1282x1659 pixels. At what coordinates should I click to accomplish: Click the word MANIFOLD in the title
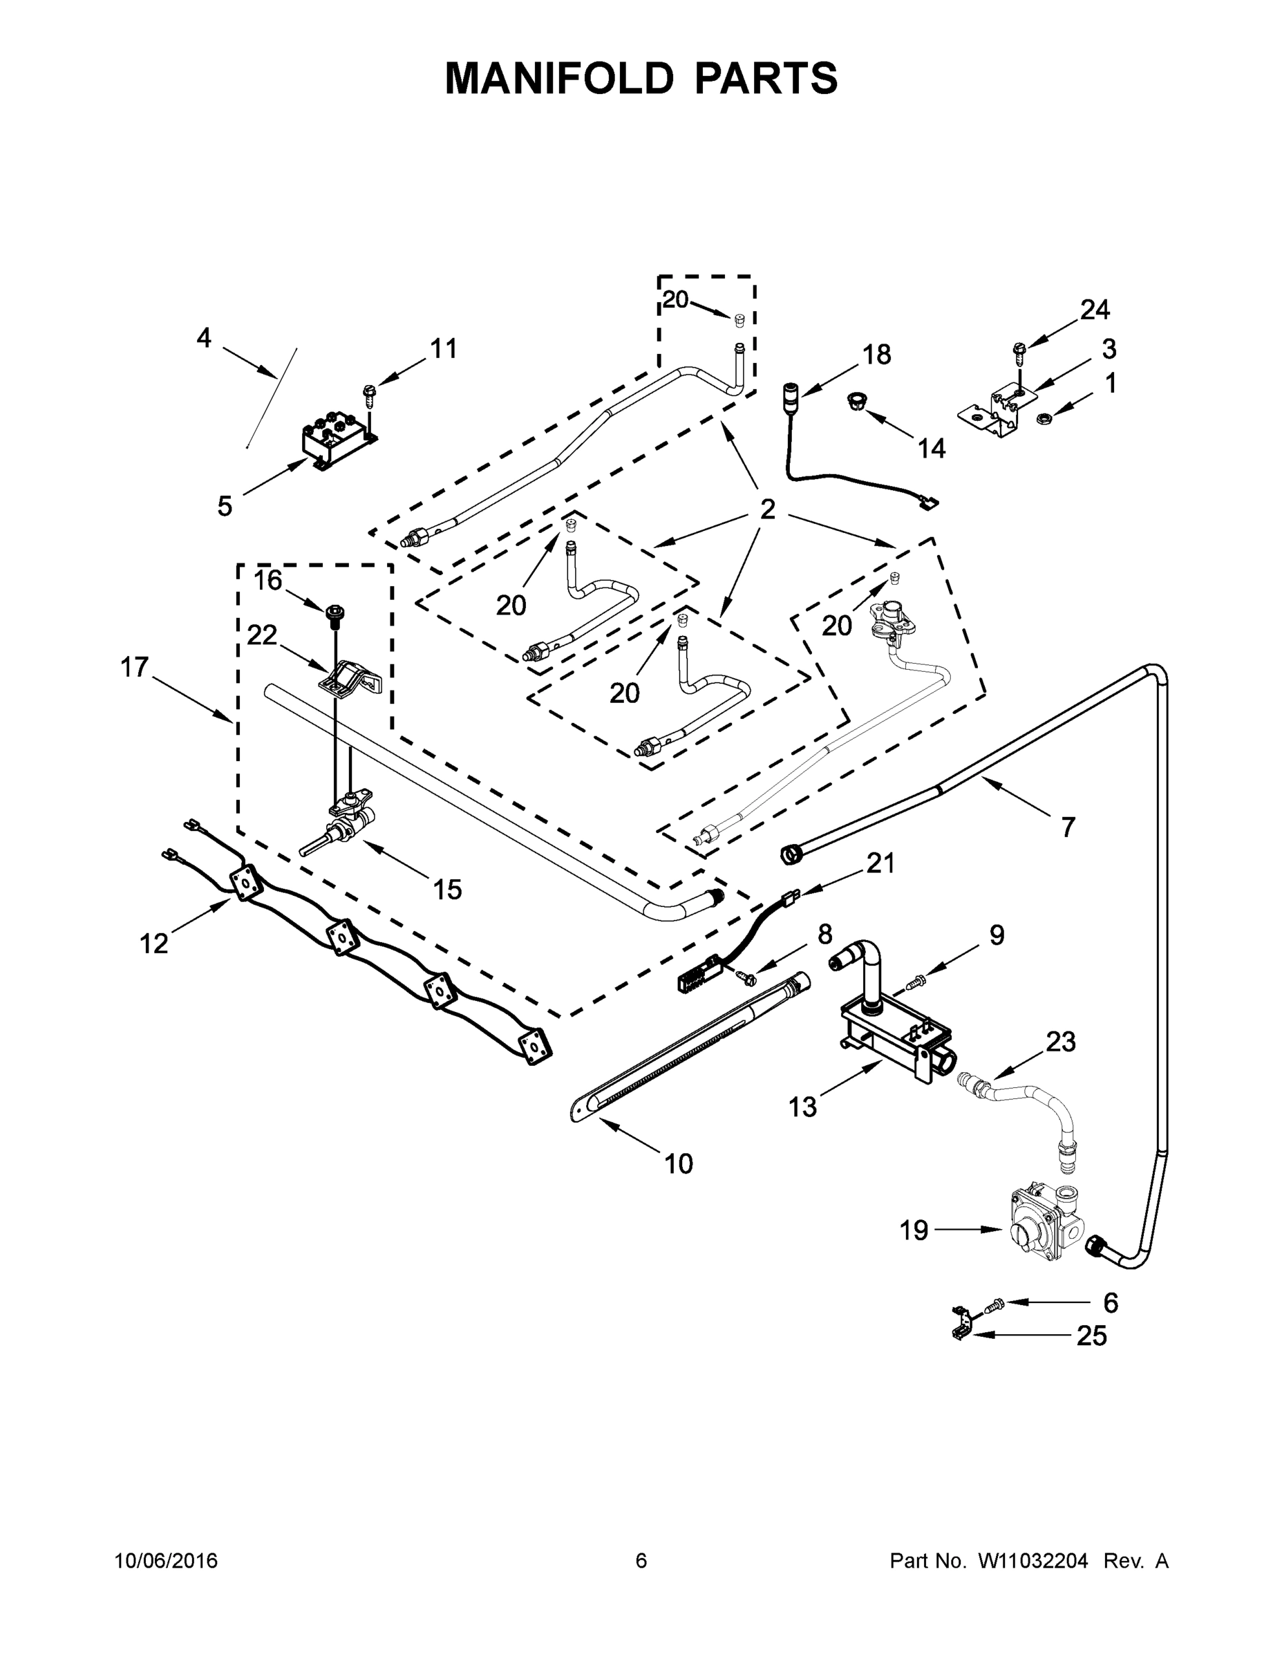pos(558,78)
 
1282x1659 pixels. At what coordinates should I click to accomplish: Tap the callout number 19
pos(914,1230)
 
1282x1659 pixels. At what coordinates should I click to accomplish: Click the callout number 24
pos(1095,309)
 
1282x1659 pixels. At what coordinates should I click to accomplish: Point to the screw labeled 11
pos(370,393)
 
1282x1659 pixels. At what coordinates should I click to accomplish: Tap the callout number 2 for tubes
pos(767,509)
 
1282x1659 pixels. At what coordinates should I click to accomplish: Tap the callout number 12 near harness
pos(153,944)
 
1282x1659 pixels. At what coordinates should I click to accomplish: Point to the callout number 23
pos(1060,1042)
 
